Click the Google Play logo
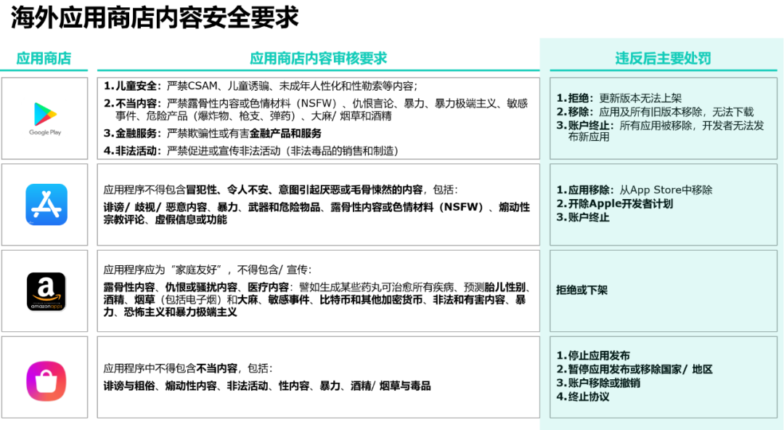pyautogui.click(x=44, y=118)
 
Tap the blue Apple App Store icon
pyautogui.click(x=46, y=204)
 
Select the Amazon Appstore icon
pyautogui.click(x=46, y=291)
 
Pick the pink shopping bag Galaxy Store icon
pyautogui.click(x=46, y=381)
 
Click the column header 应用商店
pyautogui.click(x=44, y=58)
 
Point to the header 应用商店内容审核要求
pyautogui.click(x=318, y=58)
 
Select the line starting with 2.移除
pyautogui.click(x=655, y=112)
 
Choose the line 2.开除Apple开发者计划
pyautogui.click(x=614, y=204)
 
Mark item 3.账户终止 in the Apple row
pyautogui.click(x=582, y=217)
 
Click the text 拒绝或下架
pyautogui.click(x=581, y=291)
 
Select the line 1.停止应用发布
pyautogui.click(x=592, y=356)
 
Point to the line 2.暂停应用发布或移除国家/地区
pyautogui.click(x=634, y=370)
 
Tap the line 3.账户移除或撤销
pyautogui.click(x=597, y=383)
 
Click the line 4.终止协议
pyautogui.click(x=582, y=397)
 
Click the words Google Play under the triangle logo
pyautogui.click(x=44, y=133)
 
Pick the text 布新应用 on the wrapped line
pyautogui.click(x=589, y=137)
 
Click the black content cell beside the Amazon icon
pyautogui.click(x=318, y=291)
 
